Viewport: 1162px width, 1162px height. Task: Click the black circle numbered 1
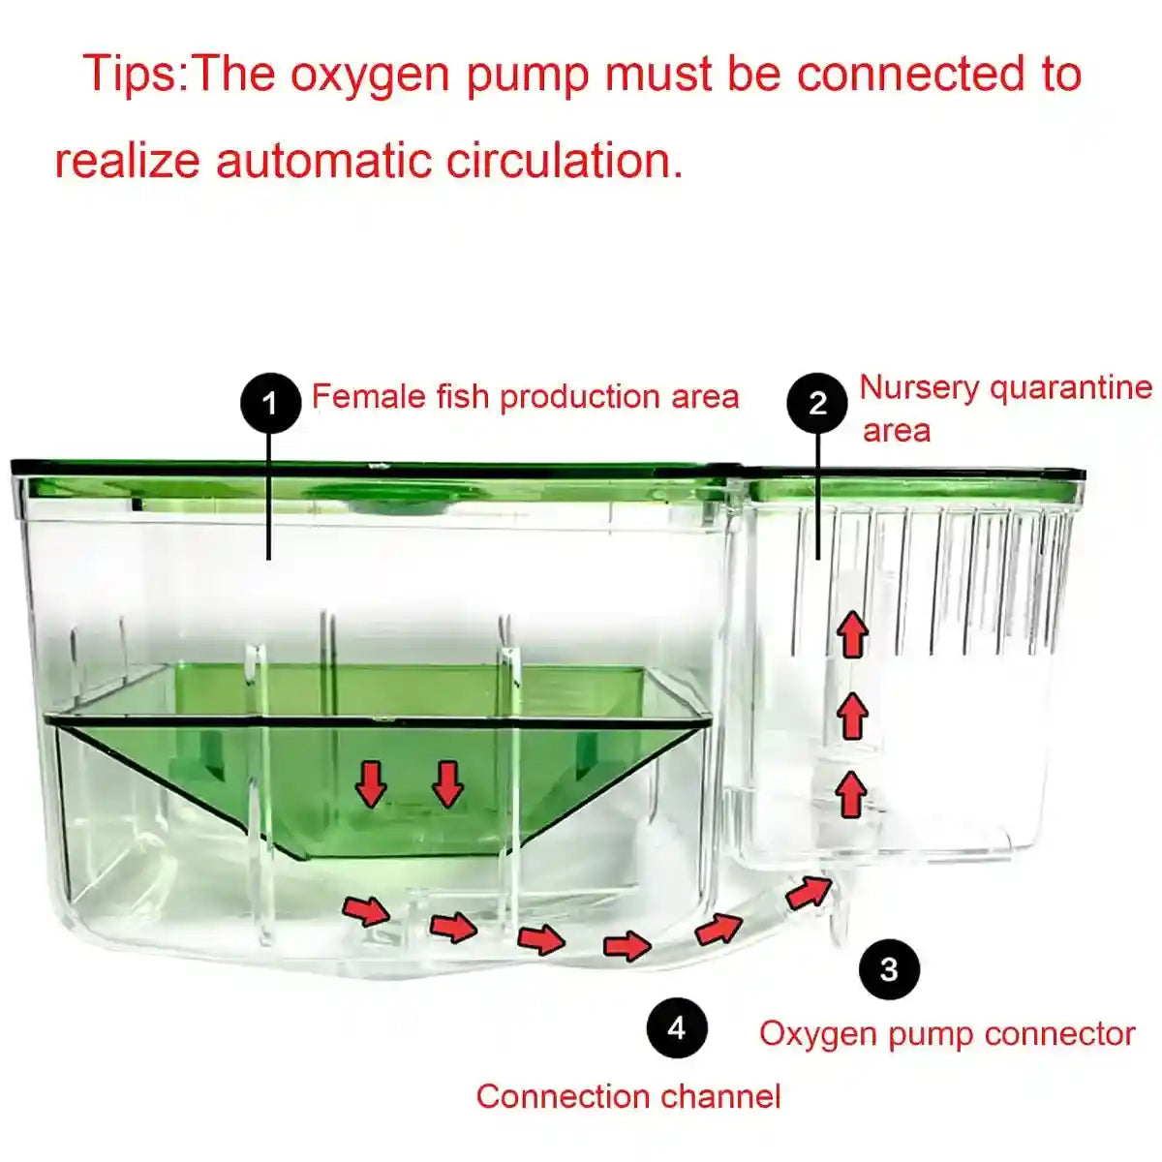[270, 402]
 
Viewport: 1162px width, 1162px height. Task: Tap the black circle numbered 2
[817, 402]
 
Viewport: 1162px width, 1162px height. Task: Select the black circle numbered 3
[889, 968]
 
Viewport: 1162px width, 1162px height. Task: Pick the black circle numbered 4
[677, 1027]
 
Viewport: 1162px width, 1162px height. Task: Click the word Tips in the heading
[132, 75]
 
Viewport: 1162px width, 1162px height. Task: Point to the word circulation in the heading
[564, 160]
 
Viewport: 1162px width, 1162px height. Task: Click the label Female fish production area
[525, 397]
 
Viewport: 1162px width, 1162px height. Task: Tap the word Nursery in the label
[919, 387]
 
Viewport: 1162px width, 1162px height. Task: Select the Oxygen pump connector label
[946, 1033]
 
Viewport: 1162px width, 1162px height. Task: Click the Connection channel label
[627, 1096]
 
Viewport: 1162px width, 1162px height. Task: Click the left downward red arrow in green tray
[370, 782]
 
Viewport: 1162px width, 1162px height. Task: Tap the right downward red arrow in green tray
[447, 782]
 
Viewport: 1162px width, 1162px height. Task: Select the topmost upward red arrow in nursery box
[852, 634]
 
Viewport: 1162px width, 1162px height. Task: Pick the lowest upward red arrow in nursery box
[851, 794]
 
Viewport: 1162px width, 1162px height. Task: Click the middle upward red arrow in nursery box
[852, 716]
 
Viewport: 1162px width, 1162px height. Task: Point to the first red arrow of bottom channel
[365, 910]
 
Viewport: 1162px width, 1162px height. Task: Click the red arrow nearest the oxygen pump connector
[809, 890]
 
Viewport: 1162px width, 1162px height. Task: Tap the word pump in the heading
[527, 75]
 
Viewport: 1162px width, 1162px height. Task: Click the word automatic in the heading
[323, 160]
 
